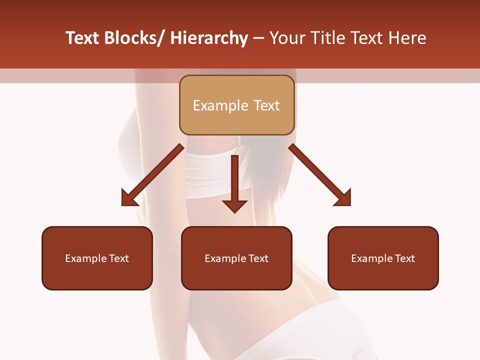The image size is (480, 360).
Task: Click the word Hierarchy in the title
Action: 209,38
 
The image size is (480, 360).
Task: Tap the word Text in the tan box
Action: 266,105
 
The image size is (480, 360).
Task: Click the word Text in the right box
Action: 404,258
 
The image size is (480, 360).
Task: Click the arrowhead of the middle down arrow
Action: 234,206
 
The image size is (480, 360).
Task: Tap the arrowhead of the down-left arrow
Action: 129,199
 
